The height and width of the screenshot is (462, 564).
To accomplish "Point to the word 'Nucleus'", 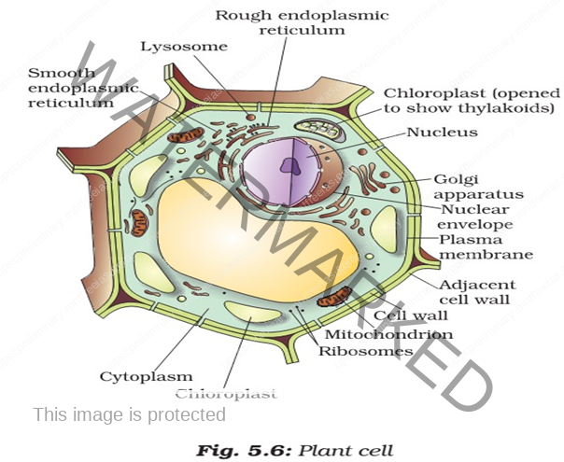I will coord(442,133).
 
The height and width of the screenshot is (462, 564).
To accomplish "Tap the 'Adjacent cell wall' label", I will coord(476,291).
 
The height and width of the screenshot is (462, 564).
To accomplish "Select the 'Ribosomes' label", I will coord(365,352).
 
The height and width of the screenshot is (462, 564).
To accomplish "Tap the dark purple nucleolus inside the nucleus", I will coord(290,167).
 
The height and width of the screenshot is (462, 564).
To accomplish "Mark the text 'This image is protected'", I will coord(129,413).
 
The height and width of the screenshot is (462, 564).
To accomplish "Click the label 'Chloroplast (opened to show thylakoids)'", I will coord(472,100).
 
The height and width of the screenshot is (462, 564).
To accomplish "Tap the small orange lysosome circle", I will coord(249,119).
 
